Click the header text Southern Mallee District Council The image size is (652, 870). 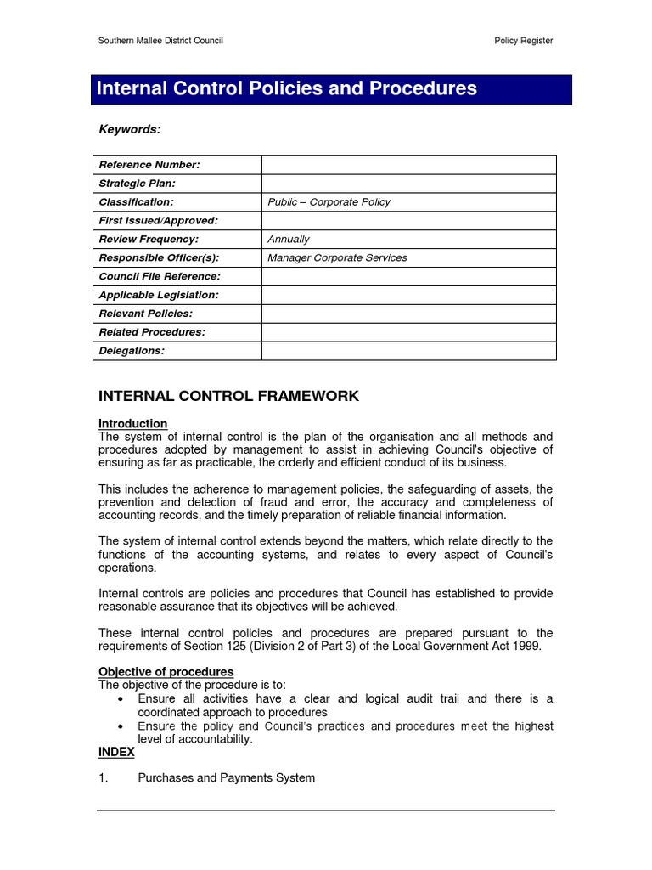tap(160, 41)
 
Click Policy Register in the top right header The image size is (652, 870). tap(523, 41)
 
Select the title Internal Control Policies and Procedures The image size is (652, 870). tap(286, 88)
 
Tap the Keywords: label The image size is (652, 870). tap(129, 129)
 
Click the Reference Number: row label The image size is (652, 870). tap(149, 165)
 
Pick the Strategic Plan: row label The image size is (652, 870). tap(137, 184)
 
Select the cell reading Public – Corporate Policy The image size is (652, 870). tap(329, 202)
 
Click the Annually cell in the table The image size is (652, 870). tap(289, 240)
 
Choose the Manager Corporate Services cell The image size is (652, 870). tap(337, 258)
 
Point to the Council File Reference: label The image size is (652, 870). tap(160, 277)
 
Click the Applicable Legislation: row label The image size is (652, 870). tap(159, 296)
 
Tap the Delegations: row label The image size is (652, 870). tap(132, 352)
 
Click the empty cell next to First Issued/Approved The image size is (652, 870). tap(408, 221)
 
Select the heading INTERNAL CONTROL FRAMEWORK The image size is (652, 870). tap(228, 397)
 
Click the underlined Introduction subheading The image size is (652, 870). tap(132, 423)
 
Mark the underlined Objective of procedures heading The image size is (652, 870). tap(166, 672)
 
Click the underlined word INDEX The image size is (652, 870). tap(116, 753)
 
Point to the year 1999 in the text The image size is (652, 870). tap(526, 647)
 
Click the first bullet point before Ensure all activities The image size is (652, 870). tap(120, 699)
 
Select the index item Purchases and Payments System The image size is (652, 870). tap(226, 778)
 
